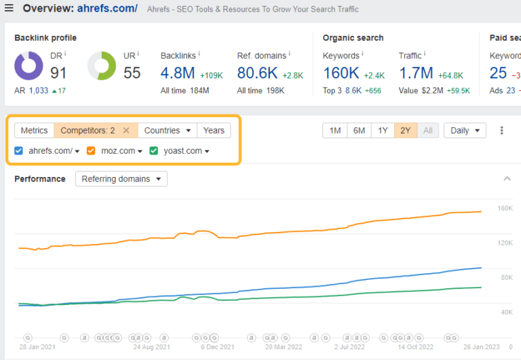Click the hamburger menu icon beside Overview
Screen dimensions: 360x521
9,9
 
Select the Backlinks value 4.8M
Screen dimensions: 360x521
178,72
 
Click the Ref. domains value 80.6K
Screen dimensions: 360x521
256,72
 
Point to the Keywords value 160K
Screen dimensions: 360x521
341,72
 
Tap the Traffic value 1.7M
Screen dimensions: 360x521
417,72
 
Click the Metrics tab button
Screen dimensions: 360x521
34,130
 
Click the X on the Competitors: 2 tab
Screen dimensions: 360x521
126,130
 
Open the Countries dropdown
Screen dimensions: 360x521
168,130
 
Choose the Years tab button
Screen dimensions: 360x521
214,130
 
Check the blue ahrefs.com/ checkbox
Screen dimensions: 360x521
19,151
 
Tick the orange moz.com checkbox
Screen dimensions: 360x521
91,151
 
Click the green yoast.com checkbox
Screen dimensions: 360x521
154,151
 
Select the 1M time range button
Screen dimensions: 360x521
335,130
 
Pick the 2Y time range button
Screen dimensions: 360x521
405,130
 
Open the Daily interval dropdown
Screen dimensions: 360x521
465,130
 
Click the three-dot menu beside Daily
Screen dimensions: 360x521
502,130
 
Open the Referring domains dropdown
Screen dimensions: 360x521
121,179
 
